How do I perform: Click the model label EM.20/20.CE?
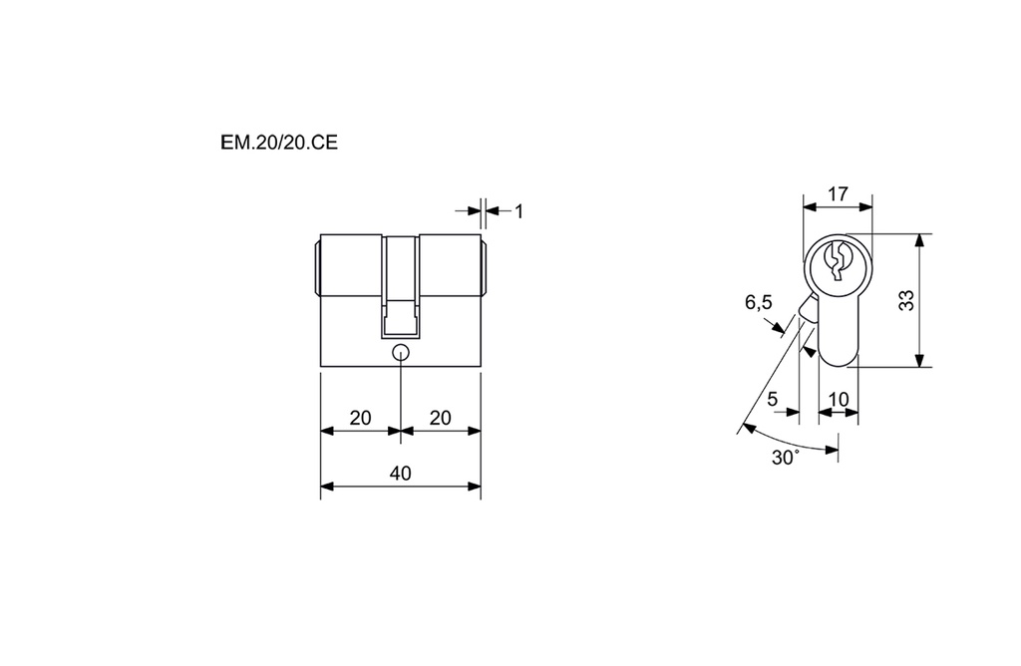coord(279,143)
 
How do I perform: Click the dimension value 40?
coord(400,473)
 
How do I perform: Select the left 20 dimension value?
coord(360,418)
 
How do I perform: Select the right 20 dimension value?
coord(440,418)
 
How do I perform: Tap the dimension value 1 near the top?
coord(518,210)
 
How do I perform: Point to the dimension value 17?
coord(838,194)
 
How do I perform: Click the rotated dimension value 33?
coord(906,301)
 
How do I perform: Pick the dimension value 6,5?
coord(759,302)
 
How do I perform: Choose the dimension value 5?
coord(773,399)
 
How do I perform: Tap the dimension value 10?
coord(839,399)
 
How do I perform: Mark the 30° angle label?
coord(786,458)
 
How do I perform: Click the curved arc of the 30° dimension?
coord(788,443)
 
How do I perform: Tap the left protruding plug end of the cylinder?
coord(317,265)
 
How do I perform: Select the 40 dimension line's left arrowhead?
coord(326,487)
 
